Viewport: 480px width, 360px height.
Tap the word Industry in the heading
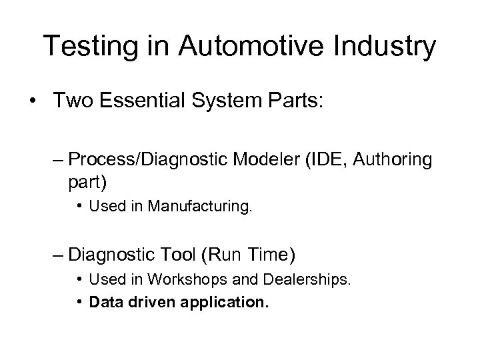click(391, 46)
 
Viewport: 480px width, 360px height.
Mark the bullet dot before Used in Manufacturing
click(80, 208)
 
